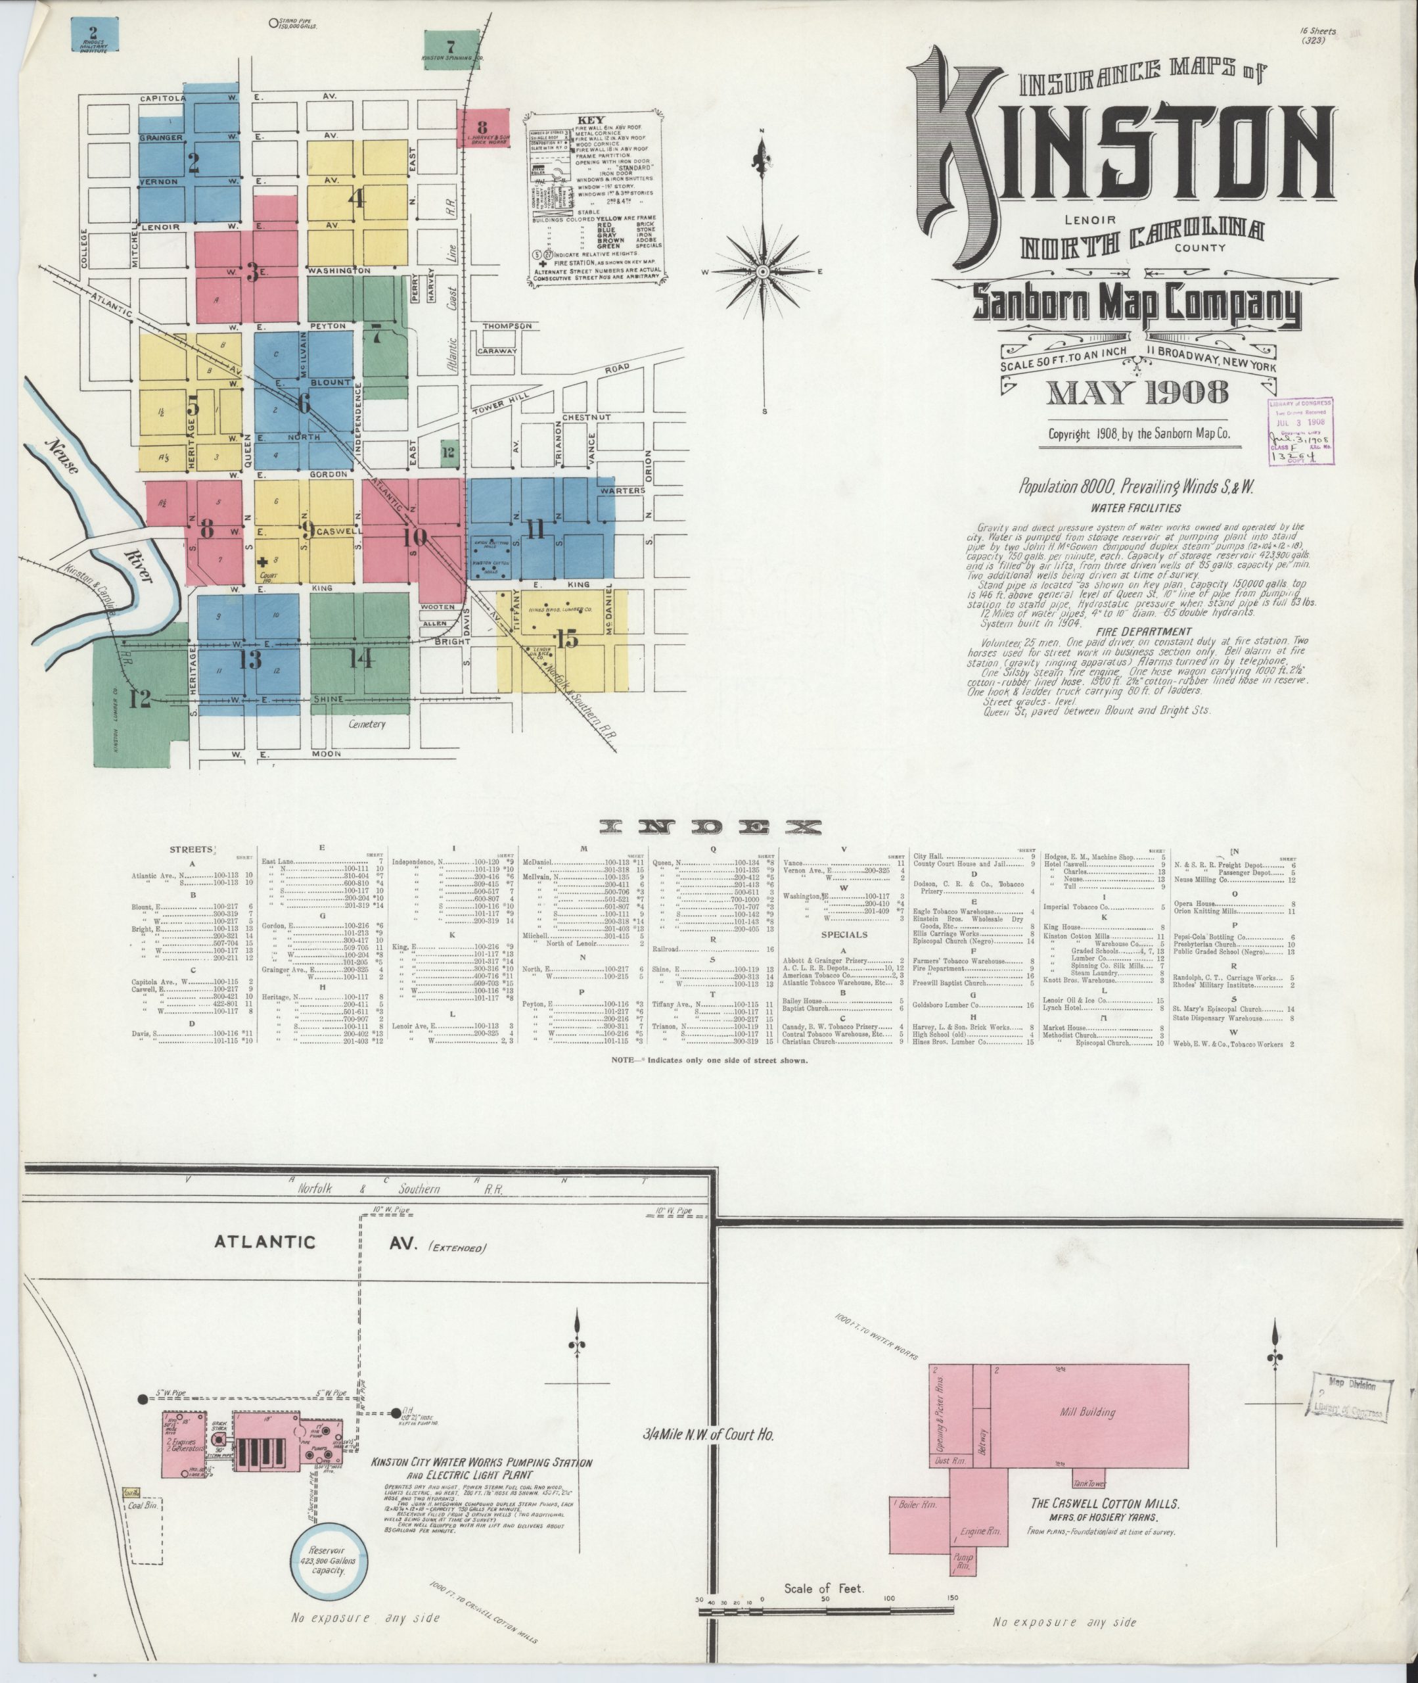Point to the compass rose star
[x=762, y=272]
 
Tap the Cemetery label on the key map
[x=367, y=724]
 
